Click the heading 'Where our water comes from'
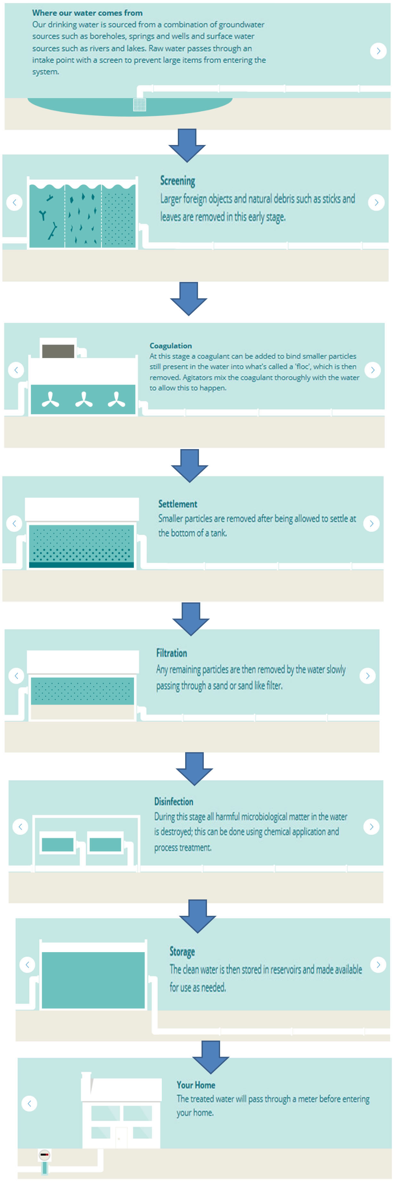(x=87, y=13)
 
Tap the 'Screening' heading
(x=177, y=181)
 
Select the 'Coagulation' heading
(x=171, y=345)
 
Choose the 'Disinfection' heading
(x=173, y=801)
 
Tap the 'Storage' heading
(x=182, y=951)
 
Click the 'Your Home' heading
(x=196, y=1085)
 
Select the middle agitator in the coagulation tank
(x=84, y=400)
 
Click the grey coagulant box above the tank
(x=58, y=351)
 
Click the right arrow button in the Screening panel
(x=376, y=202)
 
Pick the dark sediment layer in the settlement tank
(x=82, y=565)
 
